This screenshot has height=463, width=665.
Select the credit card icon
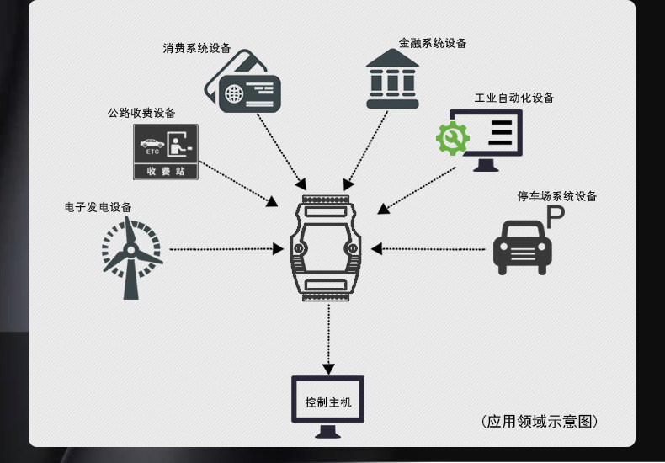243,82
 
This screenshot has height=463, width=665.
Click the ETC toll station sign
165,152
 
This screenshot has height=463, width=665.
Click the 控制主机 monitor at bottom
327,405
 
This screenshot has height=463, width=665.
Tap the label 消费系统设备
197,48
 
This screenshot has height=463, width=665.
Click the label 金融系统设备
433,43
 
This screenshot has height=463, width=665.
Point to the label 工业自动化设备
514,98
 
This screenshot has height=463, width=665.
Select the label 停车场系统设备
556,197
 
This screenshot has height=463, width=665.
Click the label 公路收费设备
141,113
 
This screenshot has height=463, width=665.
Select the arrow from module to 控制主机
327,338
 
